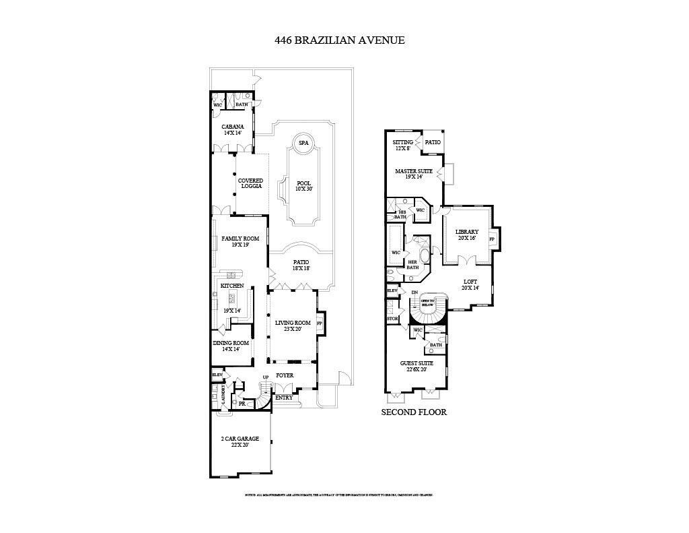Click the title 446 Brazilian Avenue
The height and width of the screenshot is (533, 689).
(339, 40)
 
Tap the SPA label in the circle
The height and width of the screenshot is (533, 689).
(303, 143)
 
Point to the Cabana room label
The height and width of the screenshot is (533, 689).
(233, 129)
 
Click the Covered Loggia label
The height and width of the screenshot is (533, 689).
(250, 183)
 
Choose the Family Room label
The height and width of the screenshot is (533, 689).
(240, 242)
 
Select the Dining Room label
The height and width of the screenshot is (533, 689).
(231, 346)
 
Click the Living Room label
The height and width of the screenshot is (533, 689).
(293, 326)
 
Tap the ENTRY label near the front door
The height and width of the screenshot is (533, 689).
(284, 398)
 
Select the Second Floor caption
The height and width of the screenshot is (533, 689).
(414, 412)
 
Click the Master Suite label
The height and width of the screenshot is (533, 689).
(414, 174)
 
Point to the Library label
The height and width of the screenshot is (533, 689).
(466, 234)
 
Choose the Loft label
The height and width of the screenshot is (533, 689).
(471, 284)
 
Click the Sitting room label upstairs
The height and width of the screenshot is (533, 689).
(403, 145)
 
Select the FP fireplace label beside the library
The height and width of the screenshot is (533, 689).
(492, 239)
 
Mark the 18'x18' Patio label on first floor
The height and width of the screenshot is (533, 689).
(300, 265)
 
